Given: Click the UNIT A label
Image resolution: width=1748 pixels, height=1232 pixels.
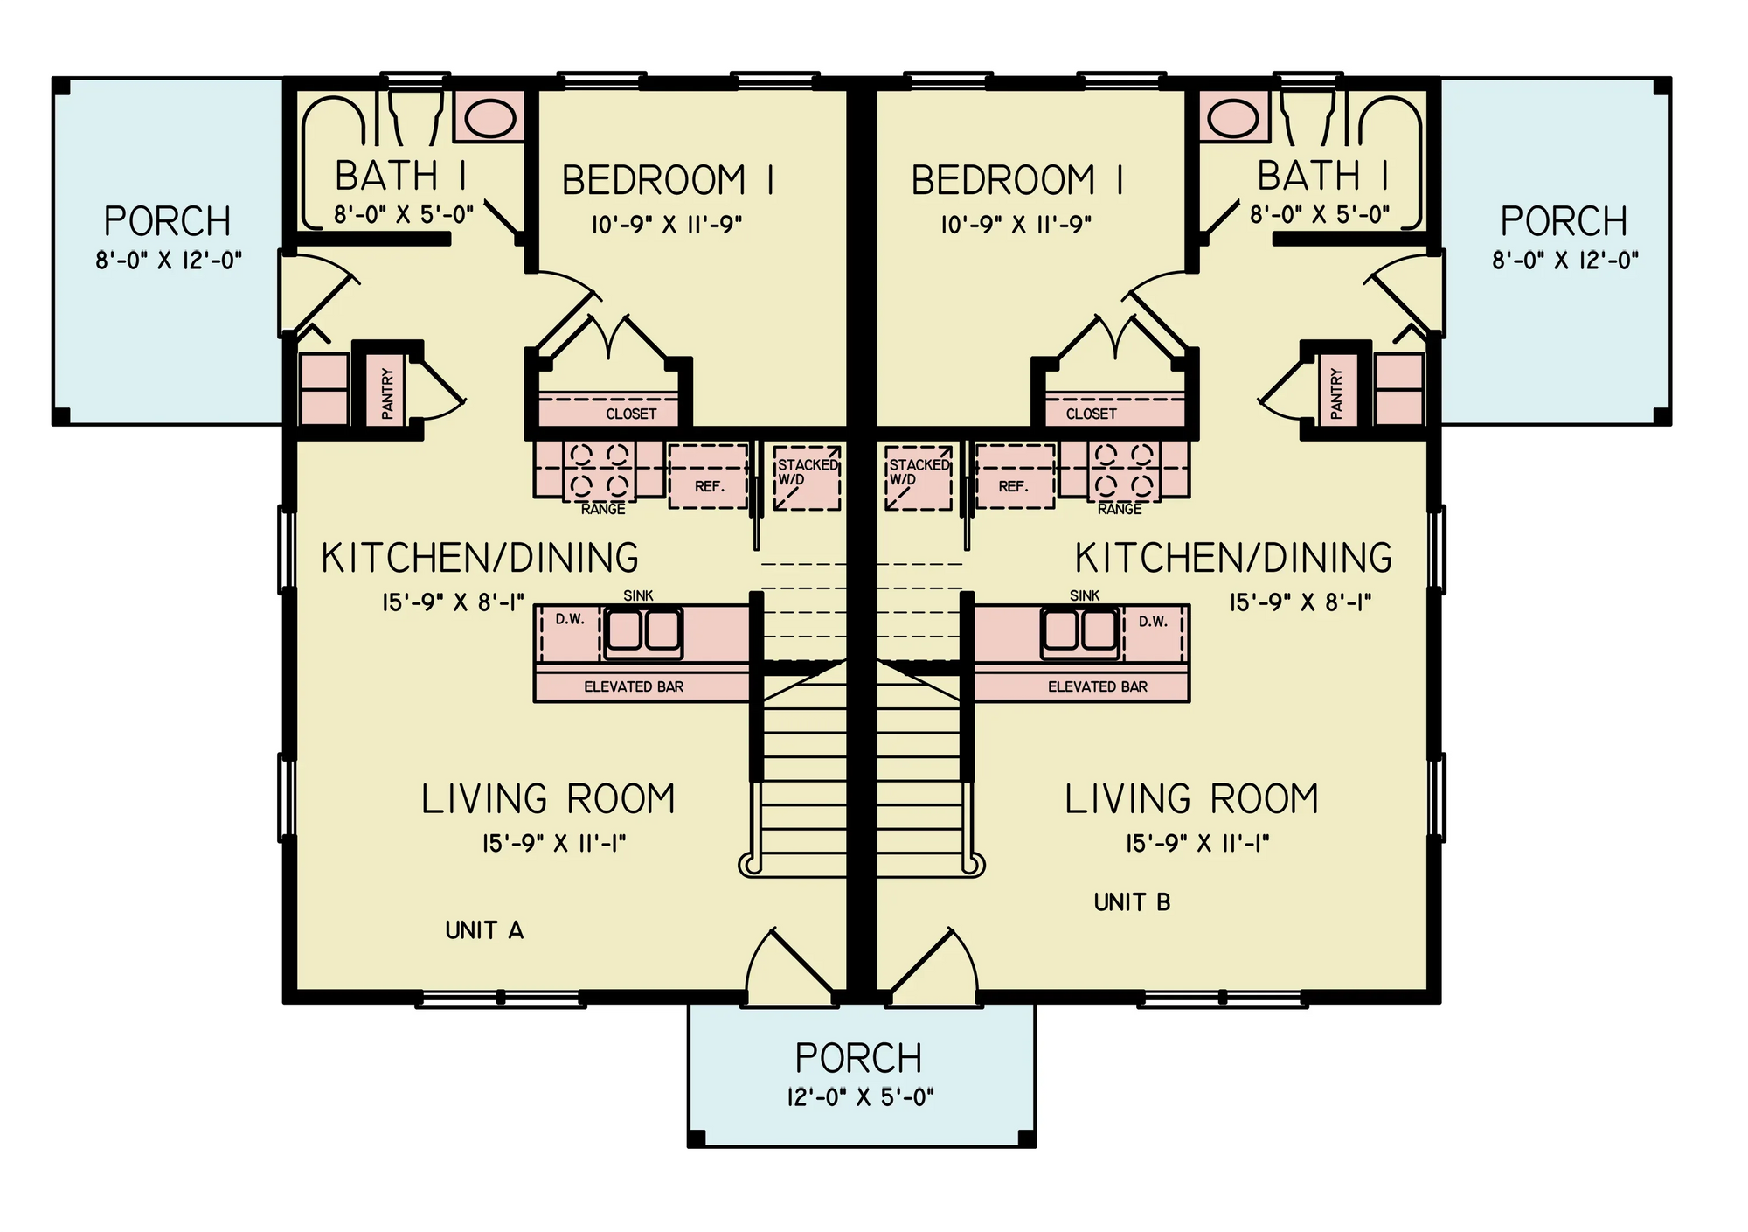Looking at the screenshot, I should (x=484, y=930).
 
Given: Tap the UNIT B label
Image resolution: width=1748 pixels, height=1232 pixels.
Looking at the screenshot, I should (x=1132, y=902).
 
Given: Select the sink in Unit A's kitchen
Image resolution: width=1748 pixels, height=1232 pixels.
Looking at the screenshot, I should (x=643, y=630).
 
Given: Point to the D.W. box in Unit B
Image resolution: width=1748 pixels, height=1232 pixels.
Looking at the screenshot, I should (x=1153, y=623).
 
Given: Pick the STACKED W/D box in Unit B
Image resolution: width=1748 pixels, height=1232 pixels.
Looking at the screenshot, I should (x=918, y=478).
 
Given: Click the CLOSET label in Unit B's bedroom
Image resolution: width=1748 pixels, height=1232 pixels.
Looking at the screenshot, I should (x=1091, y=414).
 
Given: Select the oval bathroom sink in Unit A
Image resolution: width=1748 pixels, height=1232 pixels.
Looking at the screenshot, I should (x=490, y=117).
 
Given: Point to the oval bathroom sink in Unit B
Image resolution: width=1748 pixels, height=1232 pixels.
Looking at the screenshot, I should (x=1233, y=117).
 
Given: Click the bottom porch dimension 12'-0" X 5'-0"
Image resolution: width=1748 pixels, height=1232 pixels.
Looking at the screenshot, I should (x=860, y=1097).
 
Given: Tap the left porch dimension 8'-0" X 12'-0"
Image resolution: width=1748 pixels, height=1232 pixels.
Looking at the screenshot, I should (x=169, y=260).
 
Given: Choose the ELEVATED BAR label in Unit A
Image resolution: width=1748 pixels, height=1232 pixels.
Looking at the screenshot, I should (x=634, y=687).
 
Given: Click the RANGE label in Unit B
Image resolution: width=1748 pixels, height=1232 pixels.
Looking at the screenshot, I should (x=1120, y=509).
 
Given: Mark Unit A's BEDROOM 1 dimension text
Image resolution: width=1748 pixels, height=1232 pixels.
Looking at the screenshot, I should (x=667, y=226).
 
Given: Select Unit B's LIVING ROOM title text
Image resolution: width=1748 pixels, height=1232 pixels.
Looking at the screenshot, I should (x=1191, y=799).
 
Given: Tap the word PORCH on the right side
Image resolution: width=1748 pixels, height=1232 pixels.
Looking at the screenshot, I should (x=1564, y=221).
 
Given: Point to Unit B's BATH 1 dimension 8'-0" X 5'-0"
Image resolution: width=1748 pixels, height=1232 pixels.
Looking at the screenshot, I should (x=1319, y=214).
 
